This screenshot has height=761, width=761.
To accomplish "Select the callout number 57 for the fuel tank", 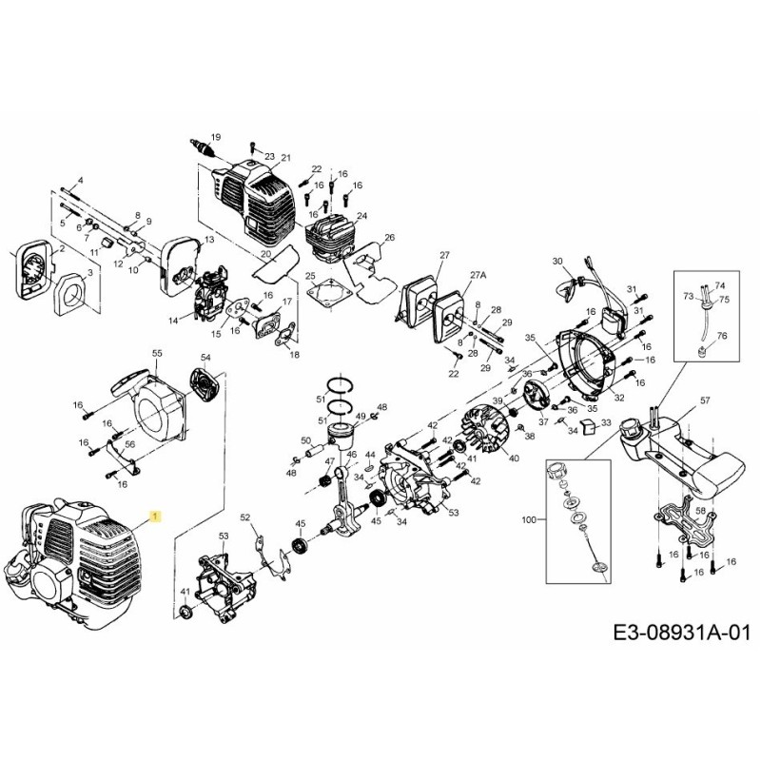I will pos(705,400).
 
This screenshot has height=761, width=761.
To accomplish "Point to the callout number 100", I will pos(529,520).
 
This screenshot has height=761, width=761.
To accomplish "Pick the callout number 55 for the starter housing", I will pos(157,353).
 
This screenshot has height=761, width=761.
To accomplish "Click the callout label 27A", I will pos(478,274).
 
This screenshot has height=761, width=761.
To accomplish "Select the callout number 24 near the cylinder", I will pos(361,216).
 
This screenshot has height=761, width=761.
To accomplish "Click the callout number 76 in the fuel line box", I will pos(721,336).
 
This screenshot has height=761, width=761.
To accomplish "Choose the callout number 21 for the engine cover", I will pos(284,157).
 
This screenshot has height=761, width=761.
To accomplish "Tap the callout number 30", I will pos(558,261).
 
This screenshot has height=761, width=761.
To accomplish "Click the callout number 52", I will pos(244,517).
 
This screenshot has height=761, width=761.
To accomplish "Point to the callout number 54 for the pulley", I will pos(204,357).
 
